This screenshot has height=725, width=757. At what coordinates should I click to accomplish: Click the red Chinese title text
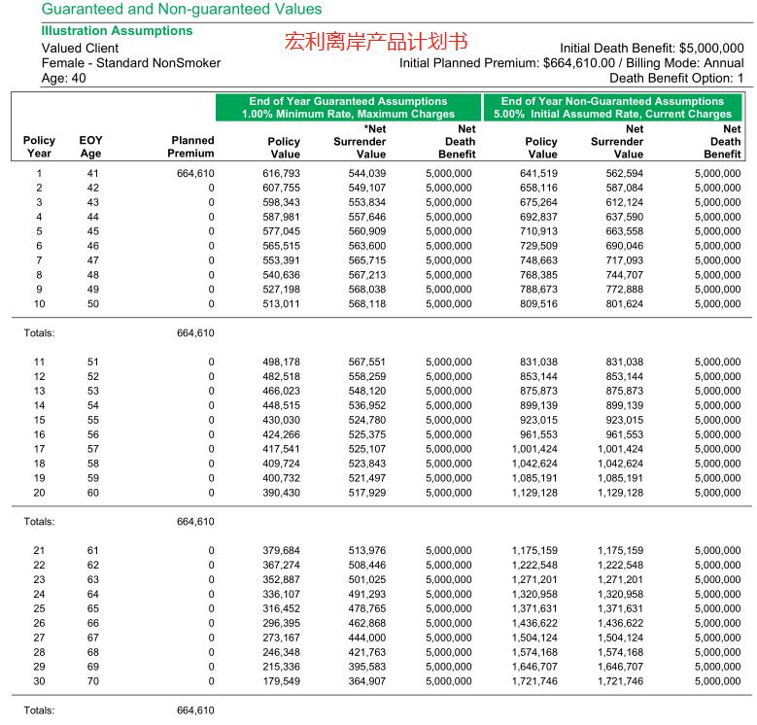[x=376, y=43]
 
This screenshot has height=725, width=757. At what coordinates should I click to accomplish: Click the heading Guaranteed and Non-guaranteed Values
[x=182, y=10]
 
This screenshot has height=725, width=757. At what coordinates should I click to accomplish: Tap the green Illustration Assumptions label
[x=117, y=31]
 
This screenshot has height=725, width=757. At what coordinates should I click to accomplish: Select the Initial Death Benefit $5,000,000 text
[x=652, y=48]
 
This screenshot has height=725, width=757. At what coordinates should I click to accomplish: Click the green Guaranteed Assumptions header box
[x=349, y=107]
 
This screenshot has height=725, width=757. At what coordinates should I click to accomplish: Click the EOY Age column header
[x=89, y=147]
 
